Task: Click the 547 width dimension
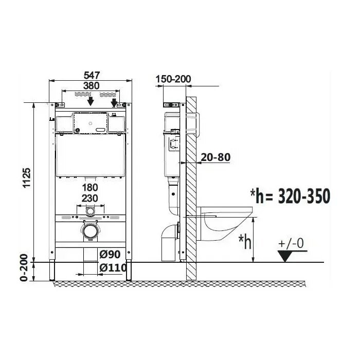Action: tap(92, 75)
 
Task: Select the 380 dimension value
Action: tap(91, 86)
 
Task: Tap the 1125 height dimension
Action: tap(27, 178)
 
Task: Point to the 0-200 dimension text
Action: tap(24, 267)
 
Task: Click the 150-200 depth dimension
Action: tap(173, 79)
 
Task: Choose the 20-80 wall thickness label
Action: tap(215, 157)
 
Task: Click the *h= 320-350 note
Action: tap(290, 196)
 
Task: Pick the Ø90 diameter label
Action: tap(110, 254)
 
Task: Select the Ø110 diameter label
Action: tap(113, 267)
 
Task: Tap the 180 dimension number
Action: tap(90, 188)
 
